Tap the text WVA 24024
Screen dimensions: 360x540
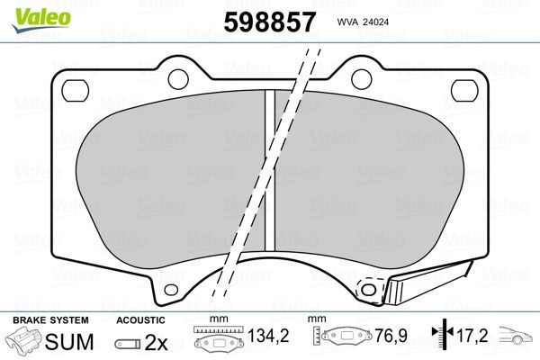point(364,19)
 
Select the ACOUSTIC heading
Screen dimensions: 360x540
point(141,320)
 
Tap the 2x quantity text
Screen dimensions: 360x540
point(157,344)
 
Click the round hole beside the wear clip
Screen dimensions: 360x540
point(366,289)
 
